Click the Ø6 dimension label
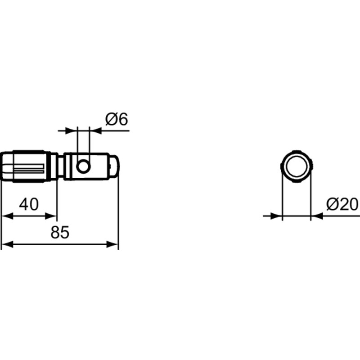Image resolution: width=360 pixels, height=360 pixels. coord(117,119)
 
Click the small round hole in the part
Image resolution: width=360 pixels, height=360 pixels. coord(83,166)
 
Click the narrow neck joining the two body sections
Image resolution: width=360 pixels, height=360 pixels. coord(60,166)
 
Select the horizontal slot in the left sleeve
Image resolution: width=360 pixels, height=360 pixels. coord(27,170)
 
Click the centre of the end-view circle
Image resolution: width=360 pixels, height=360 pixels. coord(296,166)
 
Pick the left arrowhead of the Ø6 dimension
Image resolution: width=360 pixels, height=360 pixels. coord(72,131)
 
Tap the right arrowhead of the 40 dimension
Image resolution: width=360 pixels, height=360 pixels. coord(52,216)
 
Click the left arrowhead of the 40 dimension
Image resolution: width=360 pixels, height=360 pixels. coord(6,216)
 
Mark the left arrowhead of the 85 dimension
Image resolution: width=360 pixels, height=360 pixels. coord(6,244)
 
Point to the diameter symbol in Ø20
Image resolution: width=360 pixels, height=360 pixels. coord(332,204)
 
